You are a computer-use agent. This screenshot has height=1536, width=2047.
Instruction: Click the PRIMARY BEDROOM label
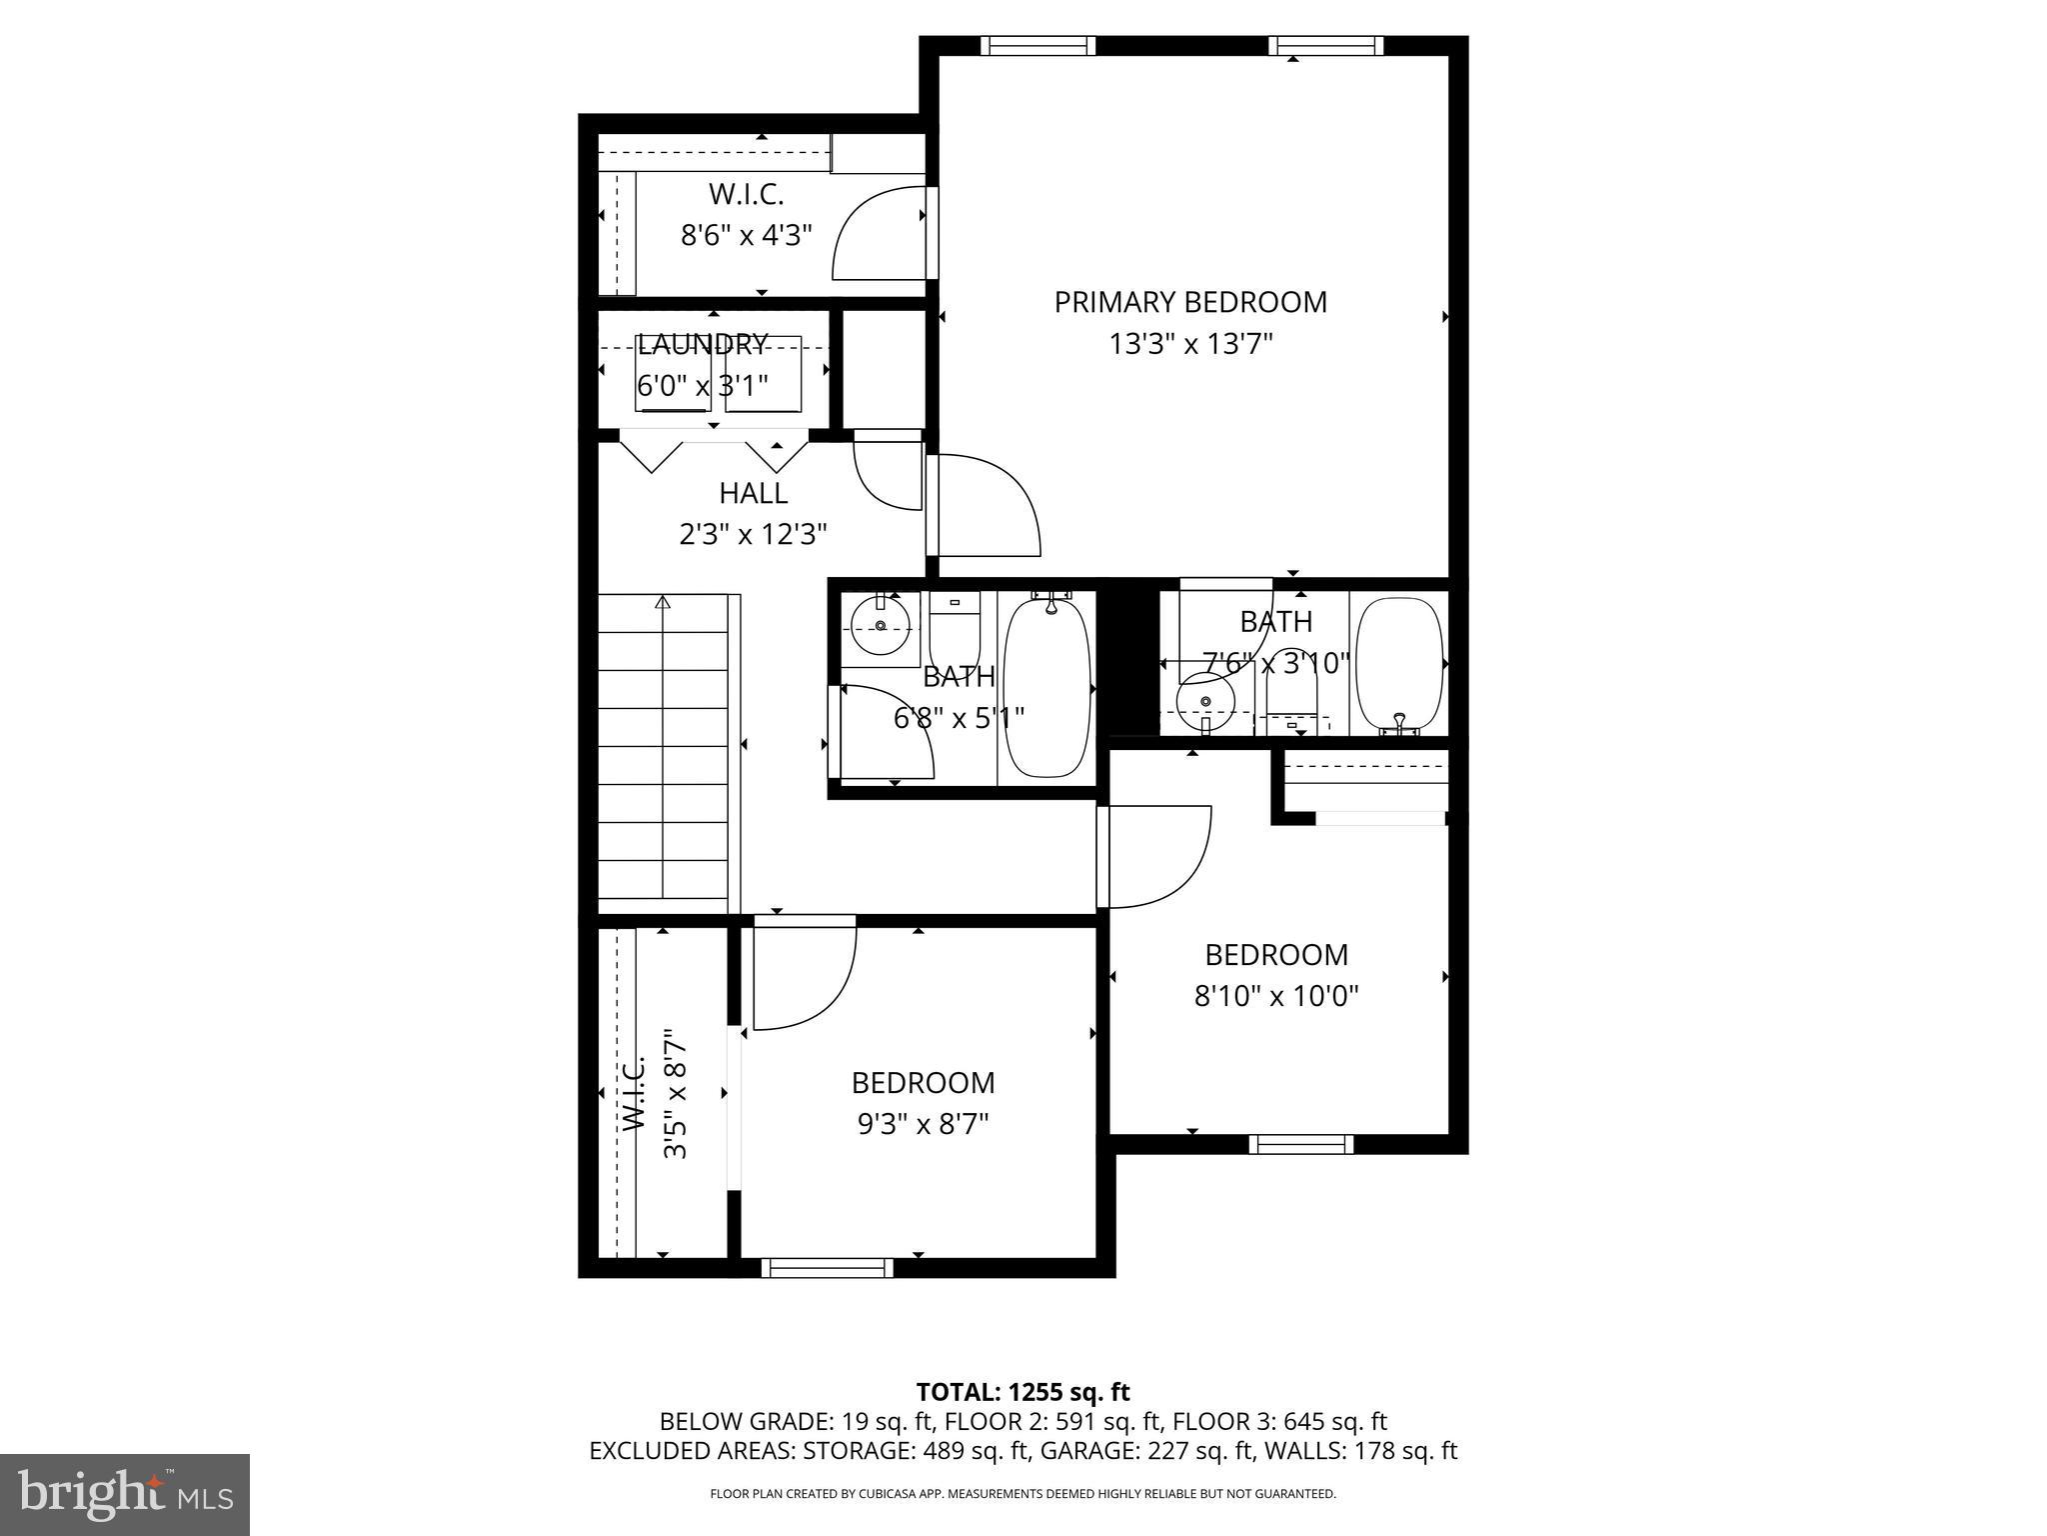coord(1190,302)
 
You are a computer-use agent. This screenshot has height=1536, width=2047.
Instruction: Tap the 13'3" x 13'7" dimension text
coord(1190,345)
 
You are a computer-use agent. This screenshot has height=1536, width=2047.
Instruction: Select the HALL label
coord(753,493)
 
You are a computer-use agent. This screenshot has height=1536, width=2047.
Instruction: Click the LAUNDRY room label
coord(702,345)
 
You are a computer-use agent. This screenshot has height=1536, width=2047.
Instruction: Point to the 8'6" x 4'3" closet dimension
coord(746,236)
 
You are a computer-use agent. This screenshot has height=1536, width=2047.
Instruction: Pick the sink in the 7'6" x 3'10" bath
coord(1205,701)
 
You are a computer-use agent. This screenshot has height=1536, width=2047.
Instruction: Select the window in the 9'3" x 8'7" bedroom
coord(827,1267)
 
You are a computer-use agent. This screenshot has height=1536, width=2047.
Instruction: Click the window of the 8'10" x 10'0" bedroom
coord(1300,1144)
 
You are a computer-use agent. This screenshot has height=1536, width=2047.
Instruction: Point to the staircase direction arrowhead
coord(663,602)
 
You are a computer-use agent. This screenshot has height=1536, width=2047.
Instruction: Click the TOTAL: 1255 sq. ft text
coord(1023,1392)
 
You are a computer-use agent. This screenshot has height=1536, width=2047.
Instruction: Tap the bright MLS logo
coord(125,1494)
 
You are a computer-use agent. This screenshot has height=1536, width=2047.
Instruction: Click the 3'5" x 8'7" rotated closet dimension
coord(676,1094)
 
